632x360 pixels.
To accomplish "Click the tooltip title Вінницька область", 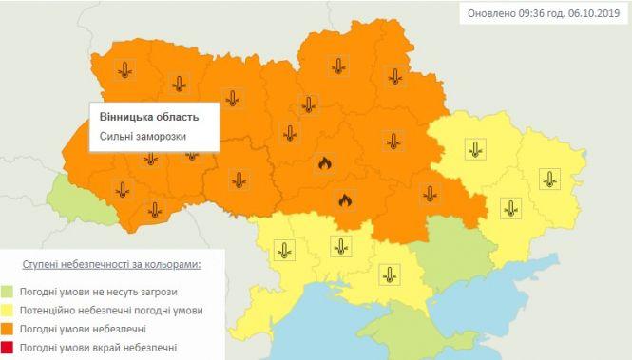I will [149, 116].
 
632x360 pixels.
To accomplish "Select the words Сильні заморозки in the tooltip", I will [143, 137].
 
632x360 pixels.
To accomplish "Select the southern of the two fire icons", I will [345, 200].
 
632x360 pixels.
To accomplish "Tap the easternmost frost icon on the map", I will [549, 178].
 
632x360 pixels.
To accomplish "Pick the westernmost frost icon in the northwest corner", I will [124, 68].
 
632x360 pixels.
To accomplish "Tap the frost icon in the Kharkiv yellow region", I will [474, 148].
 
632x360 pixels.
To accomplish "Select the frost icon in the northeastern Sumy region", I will [392, 76].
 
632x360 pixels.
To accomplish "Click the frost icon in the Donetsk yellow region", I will [512, 208].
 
